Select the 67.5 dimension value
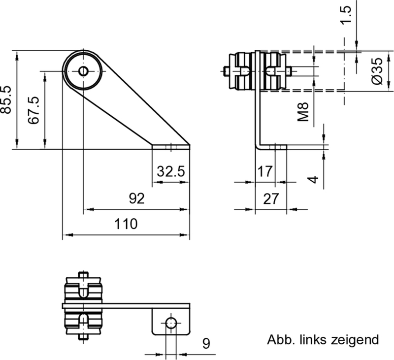[33, 111]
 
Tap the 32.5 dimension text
[170, 172]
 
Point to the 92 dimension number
[136, 199]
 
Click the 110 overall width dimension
[126, 225]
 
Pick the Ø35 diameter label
[377, 71]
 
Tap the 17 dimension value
[264, 172]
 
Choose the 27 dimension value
[271, 199]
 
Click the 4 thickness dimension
[314, 179]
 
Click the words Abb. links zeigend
[323, 340]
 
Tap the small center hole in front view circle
[83, 71]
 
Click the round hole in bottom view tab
[170, 323]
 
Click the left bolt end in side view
[225, 72]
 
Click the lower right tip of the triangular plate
[189, 146]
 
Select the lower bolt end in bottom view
[83, 338]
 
